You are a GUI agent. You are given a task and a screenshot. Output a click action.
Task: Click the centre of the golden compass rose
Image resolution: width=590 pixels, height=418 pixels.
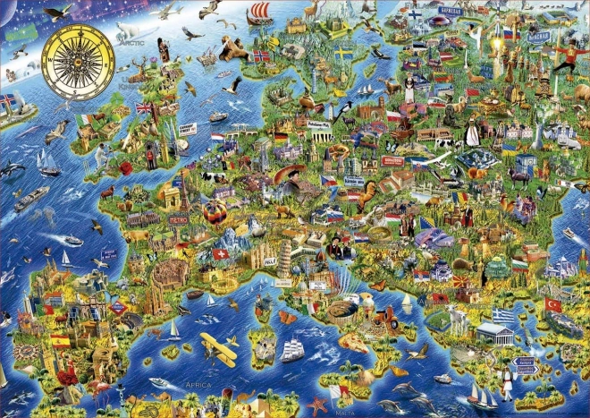(x=78, y=61)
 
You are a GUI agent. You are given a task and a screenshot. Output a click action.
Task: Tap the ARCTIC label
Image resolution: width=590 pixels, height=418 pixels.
(x=131, y=40)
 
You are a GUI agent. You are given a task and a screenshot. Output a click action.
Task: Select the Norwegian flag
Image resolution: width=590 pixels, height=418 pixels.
(x=261, y=55)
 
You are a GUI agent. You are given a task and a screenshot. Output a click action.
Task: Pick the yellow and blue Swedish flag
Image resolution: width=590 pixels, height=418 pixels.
(x=343, y=55)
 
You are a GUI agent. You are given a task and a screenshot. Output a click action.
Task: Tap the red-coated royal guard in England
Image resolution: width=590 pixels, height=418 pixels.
(x=149, y=158)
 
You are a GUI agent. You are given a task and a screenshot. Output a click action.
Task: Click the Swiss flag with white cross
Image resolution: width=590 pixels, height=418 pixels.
(x=220, y=254)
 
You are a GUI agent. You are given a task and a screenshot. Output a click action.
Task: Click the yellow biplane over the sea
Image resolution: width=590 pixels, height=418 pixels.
(x=217, y=347)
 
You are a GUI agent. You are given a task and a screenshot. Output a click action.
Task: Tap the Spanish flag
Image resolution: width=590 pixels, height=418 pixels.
(x=60, y=341)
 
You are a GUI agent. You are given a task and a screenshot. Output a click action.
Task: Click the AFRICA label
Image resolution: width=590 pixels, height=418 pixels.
(x=198, y=384)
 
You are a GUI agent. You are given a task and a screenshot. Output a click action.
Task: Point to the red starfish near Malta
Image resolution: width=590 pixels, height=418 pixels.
(x=317, y=405)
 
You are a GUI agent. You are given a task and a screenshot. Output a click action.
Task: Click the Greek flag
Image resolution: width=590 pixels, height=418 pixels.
(x=504, y=315)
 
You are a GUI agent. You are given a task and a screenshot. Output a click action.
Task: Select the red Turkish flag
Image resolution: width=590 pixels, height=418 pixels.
(x=553, y=305)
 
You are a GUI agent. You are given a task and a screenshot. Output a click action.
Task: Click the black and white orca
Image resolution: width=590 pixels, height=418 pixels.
(x=13, y=168)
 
